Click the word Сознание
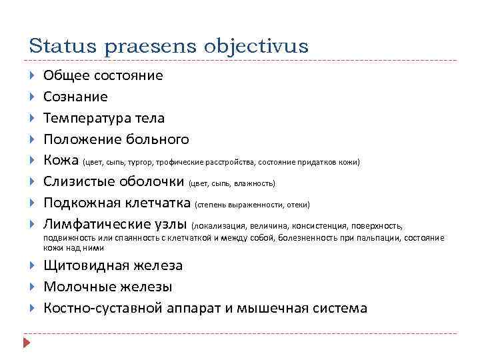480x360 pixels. pyautogui.click(x=75, y=97)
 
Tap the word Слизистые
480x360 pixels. pyautogui.click(x=79, y=182)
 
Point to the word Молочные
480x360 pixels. pyautogui.click(x=75, y=287)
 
